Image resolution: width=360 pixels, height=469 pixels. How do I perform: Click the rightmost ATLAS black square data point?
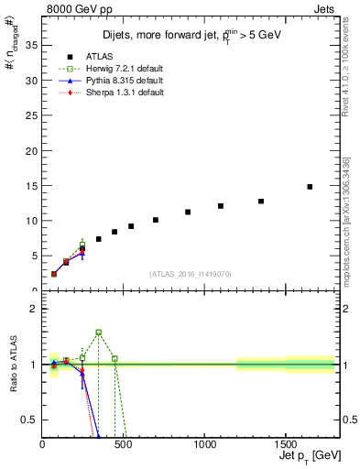click(x=310, y=187)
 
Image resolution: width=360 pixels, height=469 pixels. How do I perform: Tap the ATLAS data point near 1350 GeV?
click(x=261, y=202)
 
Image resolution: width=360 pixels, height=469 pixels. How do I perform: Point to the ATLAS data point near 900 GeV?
click(x=188, y=212)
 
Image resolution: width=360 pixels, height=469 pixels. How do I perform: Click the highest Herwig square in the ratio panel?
click(x=99, y=333)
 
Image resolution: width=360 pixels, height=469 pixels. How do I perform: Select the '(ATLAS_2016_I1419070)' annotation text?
click(x=190, y=273)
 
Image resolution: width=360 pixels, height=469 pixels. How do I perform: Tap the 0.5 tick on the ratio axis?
click(x=33, y=420)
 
